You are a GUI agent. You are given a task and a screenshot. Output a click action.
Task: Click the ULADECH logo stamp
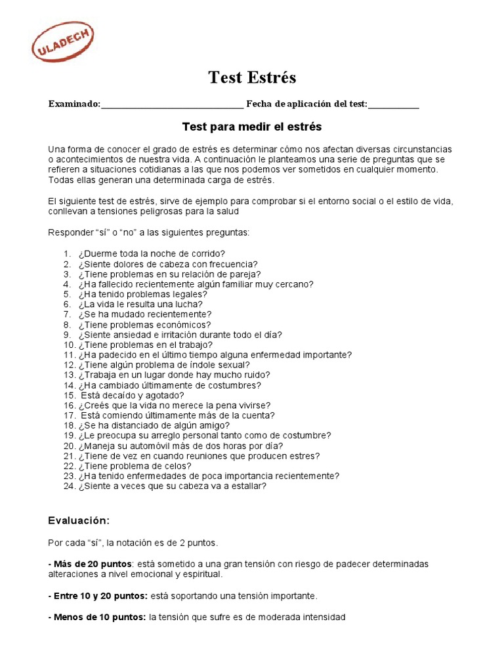[63, 42]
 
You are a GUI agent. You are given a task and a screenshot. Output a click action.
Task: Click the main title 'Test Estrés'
[252, 77]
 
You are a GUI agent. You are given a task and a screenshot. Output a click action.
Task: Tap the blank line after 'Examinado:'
[173, 104]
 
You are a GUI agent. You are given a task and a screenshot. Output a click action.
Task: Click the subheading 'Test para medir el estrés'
[251, 125]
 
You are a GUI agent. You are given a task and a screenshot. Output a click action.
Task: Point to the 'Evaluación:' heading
[79, 520]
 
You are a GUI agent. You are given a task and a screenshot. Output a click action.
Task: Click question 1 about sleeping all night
[152, 254]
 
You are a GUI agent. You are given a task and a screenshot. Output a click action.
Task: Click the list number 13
[69, 375]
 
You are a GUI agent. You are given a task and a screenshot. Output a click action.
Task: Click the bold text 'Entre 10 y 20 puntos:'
[98, 596]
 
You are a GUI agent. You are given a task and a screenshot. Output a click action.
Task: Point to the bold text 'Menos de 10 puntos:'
[97, 618]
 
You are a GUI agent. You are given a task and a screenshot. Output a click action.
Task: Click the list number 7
[68, 315]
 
